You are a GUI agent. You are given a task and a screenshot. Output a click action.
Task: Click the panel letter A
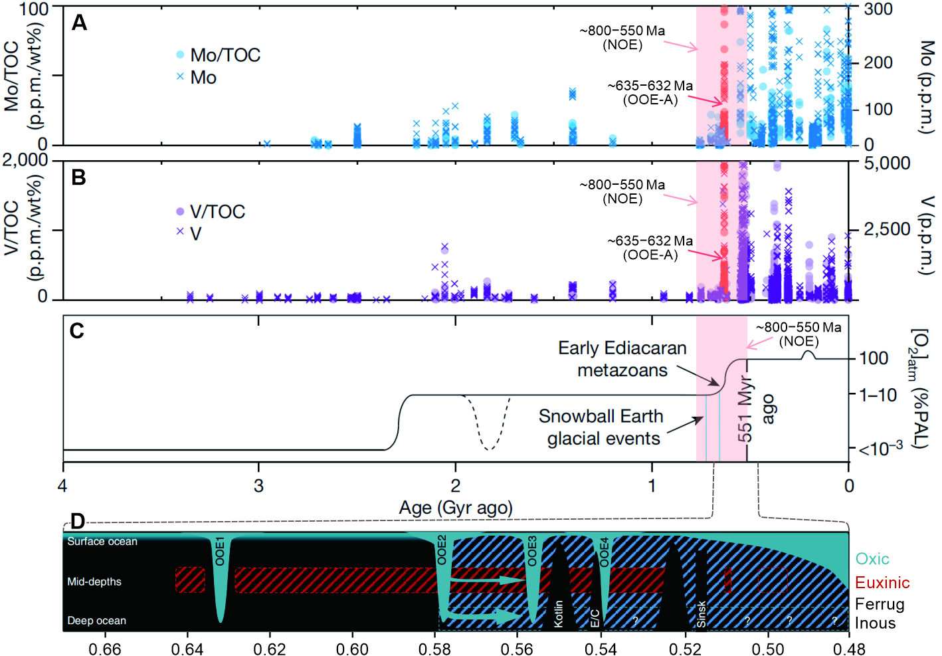coord(80,23)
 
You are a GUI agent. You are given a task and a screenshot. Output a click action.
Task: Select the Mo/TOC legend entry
coord(218,55)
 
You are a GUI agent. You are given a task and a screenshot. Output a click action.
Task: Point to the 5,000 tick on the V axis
coord(887,164)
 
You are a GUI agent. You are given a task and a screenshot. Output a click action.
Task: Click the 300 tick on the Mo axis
coord(878,9)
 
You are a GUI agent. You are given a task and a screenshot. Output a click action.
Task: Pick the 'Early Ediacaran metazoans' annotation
coord(622,359)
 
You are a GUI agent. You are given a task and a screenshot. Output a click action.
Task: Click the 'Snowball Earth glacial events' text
coord(601,427)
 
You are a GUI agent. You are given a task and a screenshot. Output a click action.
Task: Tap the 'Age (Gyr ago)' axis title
coord(456,508)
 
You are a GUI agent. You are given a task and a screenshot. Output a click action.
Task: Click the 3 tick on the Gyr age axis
coord(258,486)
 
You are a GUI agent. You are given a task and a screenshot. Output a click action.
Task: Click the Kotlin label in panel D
coord(559,613)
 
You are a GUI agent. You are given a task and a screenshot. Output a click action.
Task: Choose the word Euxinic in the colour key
coord(882,583)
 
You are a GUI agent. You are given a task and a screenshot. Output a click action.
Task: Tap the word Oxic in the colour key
coord(872,559)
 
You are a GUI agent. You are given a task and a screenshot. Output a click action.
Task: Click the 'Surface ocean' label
coord(102,542)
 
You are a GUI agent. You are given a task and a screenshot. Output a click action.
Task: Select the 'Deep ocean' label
coord(96,621)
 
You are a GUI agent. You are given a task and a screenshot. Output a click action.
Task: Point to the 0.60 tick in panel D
coord(352,649)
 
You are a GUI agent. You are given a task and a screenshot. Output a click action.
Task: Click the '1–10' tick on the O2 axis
coord(878,395)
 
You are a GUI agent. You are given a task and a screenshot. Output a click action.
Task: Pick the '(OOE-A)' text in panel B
coord(650,255)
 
